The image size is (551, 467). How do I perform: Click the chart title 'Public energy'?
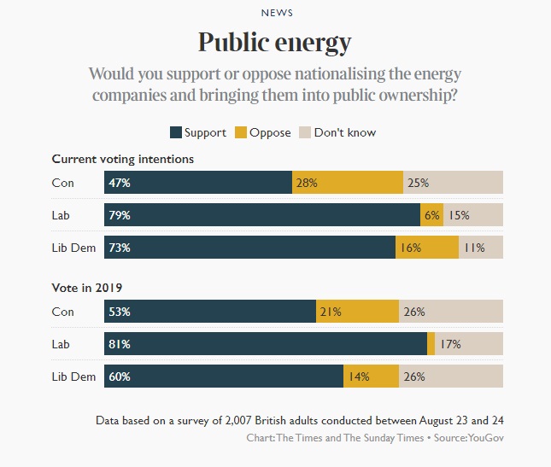coord(274,42)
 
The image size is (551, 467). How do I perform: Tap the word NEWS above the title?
coord(275,13)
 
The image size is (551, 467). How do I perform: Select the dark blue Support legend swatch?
coord(176,132)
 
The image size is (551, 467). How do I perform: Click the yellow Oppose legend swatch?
coord(241,132)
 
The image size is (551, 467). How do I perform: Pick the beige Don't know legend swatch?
coord(305,132)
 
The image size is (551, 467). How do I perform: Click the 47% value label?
coord(119,183)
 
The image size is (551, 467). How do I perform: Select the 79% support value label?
coord(119,215)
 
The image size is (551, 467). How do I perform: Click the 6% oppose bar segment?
coord(431,215)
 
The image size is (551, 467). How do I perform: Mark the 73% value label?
coord(119,248)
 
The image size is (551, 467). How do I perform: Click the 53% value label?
coord(119,312)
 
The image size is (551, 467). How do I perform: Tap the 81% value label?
coord(119,344)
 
